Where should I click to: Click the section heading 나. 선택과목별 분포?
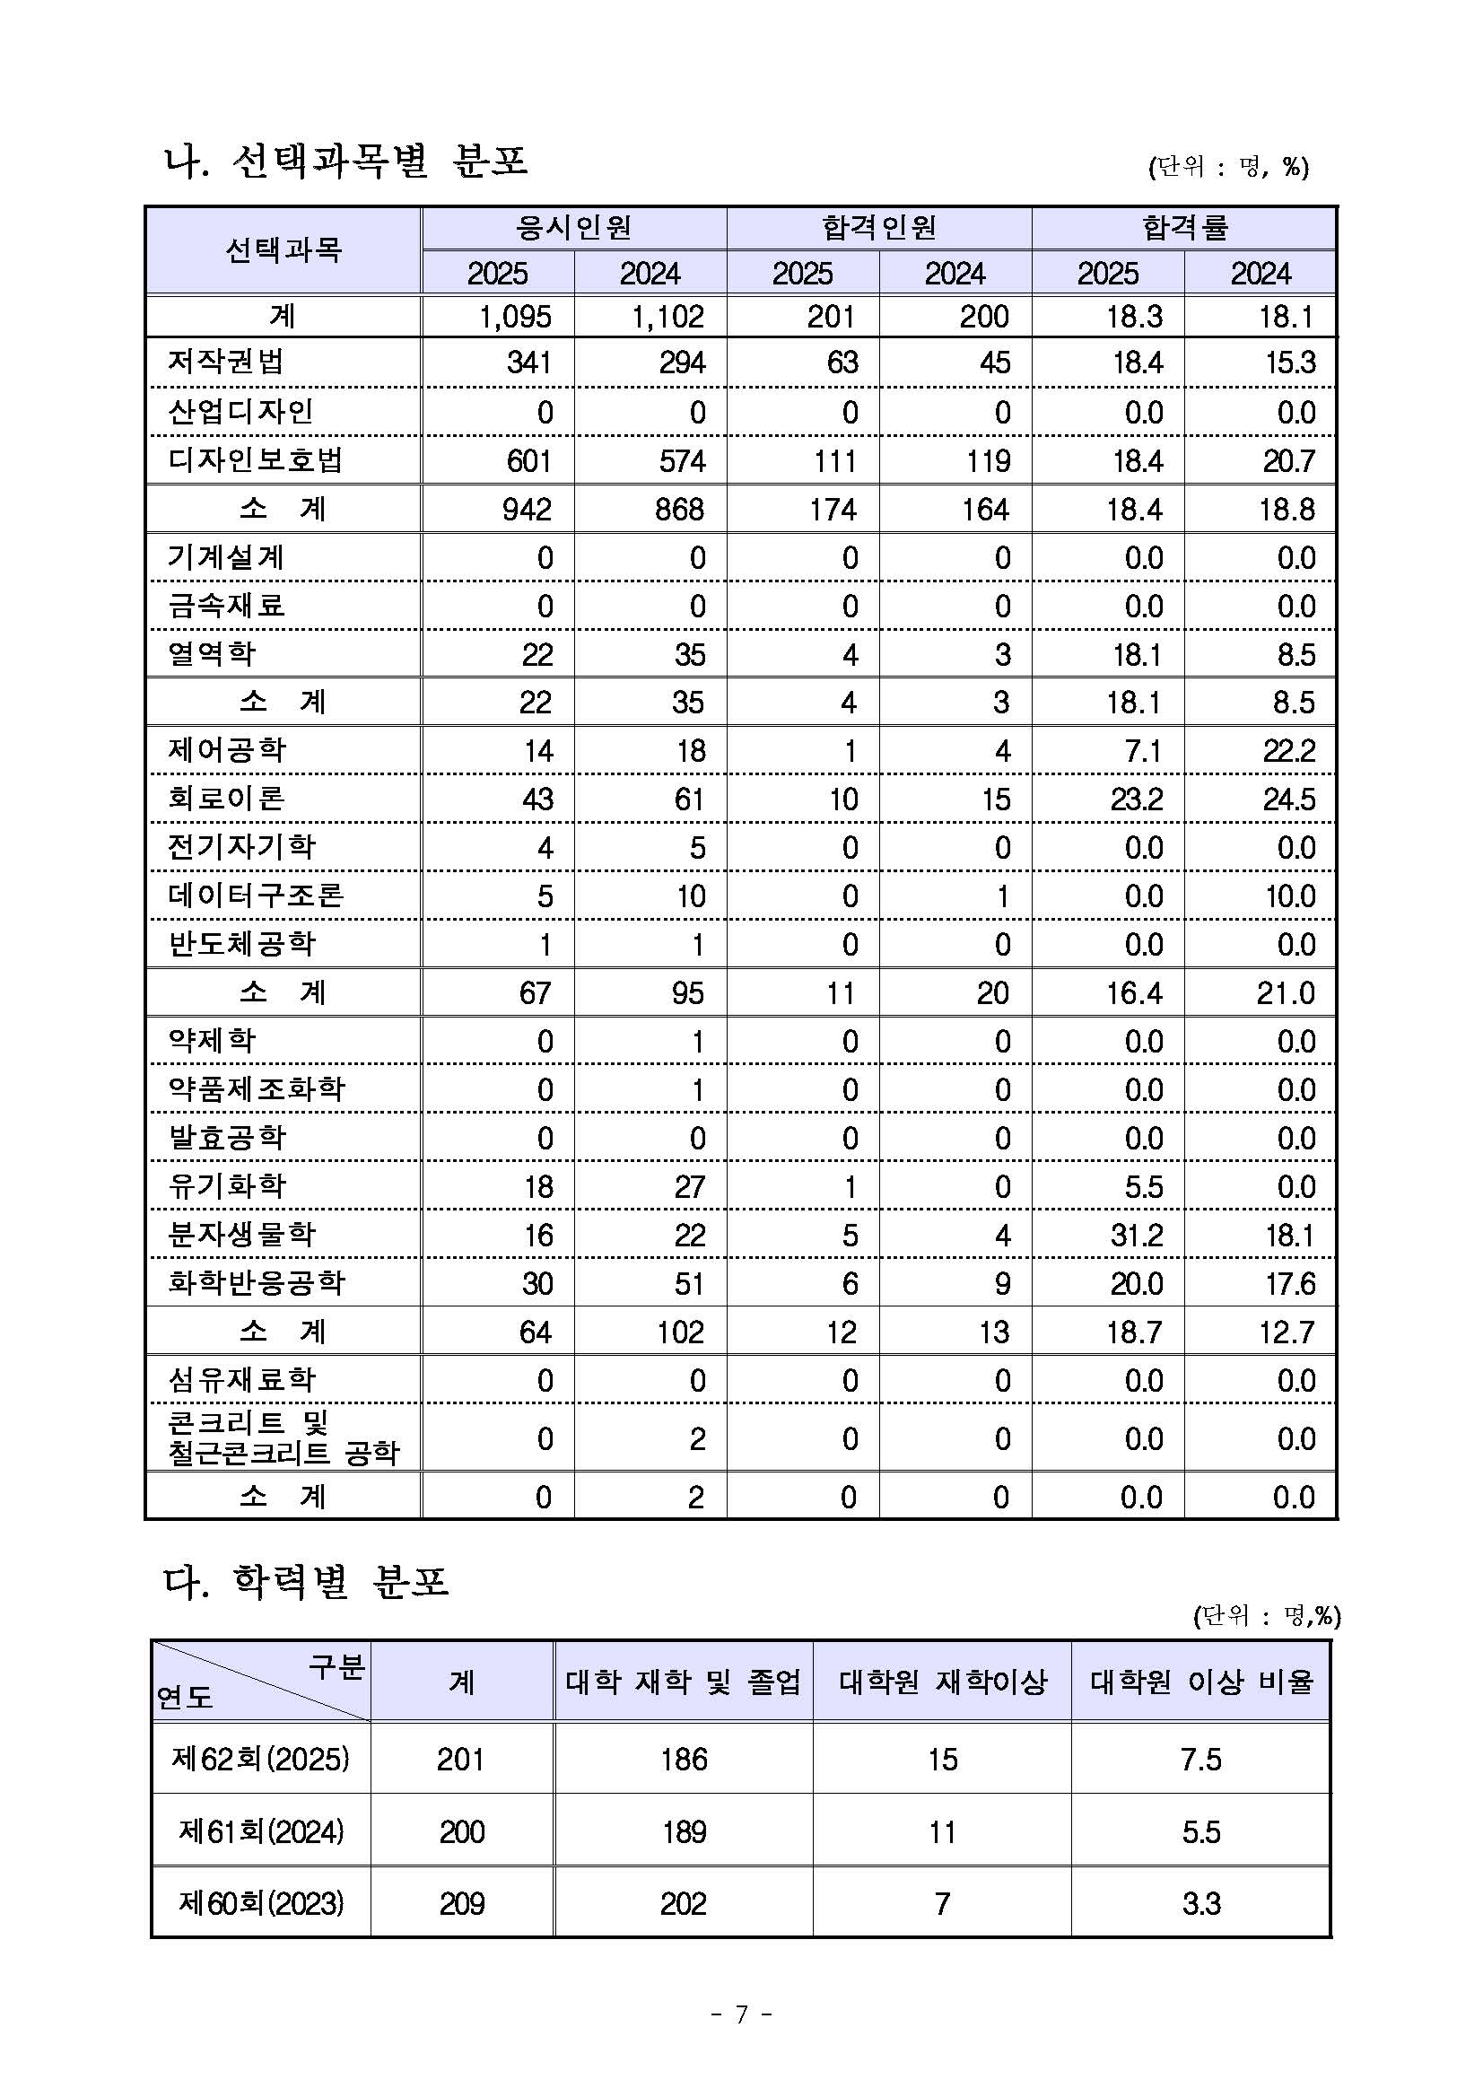click(345, 162)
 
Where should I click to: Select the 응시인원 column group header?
click(573, 227)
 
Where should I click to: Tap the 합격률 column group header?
click(1184, 227)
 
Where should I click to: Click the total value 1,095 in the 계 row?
click(515, 317)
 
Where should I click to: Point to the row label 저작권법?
click(225, 363)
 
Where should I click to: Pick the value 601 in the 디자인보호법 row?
click(528, 460)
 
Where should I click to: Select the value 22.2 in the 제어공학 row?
click(1288, 751)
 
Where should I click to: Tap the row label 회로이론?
click(226, 799)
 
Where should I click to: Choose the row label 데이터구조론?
click(256, 896)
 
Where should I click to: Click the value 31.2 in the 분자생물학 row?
click(1136, 1235)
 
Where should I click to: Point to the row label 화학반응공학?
click(257, 1283)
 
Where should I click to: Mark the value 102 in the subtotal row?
click(679, 1332)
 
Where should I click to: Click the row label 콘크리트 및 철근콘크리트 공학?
click(284, 1438)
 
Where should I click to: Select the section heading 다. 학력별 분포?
click(306, 1582)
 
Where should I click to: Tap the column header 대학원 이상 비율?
click(1200, 1682)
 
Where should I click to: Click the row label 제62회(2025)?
click(261, 1759)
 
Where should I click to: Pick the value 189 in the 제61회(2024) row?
click(684, 1831)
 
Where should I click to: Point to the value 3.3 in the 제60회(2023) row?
click(1200, 1903)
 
